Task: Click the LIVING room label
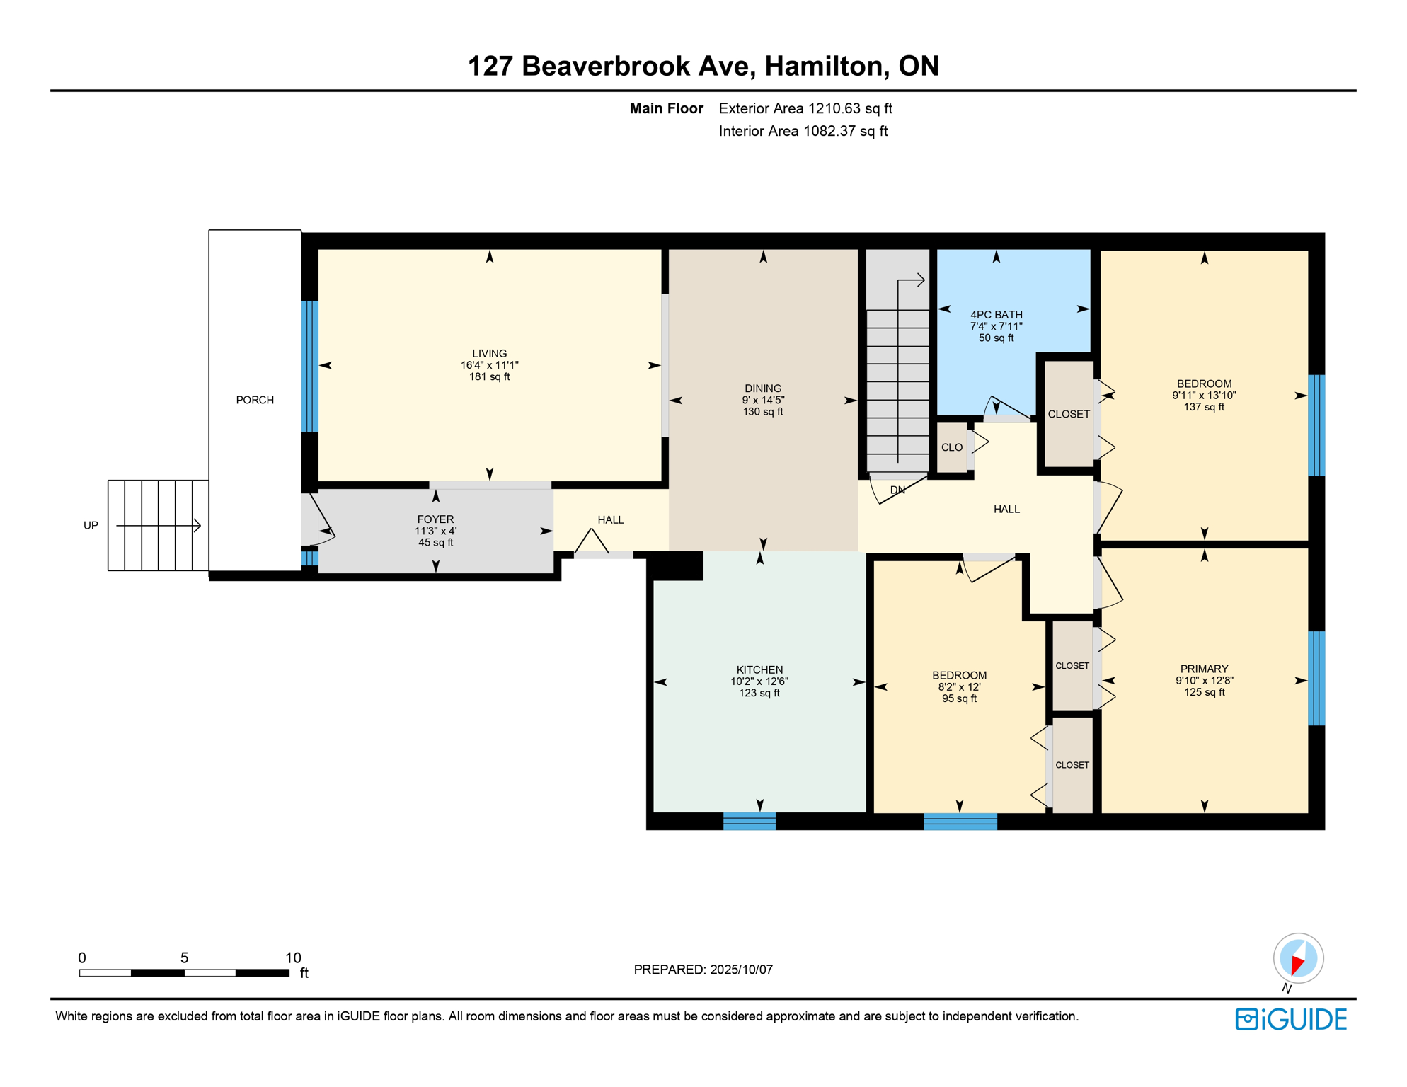(x=489, y=353)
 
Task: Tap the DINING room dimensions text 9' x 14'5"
(x=763, y=400)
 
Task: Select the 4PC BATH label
(x=996, y=314)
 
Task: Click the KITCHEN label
(x=759, y=669)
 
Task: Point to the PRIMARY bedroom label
(x=1204, y=669)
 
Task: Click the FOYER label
(x=435, y=519)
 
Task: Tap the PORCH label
(x=255, y=400)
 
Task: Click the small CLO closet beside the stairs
(x=951, y=447)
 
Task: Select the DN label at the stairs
(x=897, y=490)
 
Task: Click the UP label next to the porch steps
(x=91, y=525)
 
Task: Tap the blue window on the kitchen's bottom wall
(x=750, y=821)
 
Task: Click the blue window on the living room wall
(x=309, y=366)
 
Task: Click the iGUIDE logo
(x=1291, y=1019)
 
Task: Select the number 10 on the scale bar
(x=293, y=957)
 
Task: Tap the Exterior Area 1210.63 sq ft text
(x=805, y=108)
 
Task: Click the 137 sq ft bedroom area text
(x=1204, y=407)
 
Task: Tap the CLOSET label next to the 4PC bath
(x=1068, y=414)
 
